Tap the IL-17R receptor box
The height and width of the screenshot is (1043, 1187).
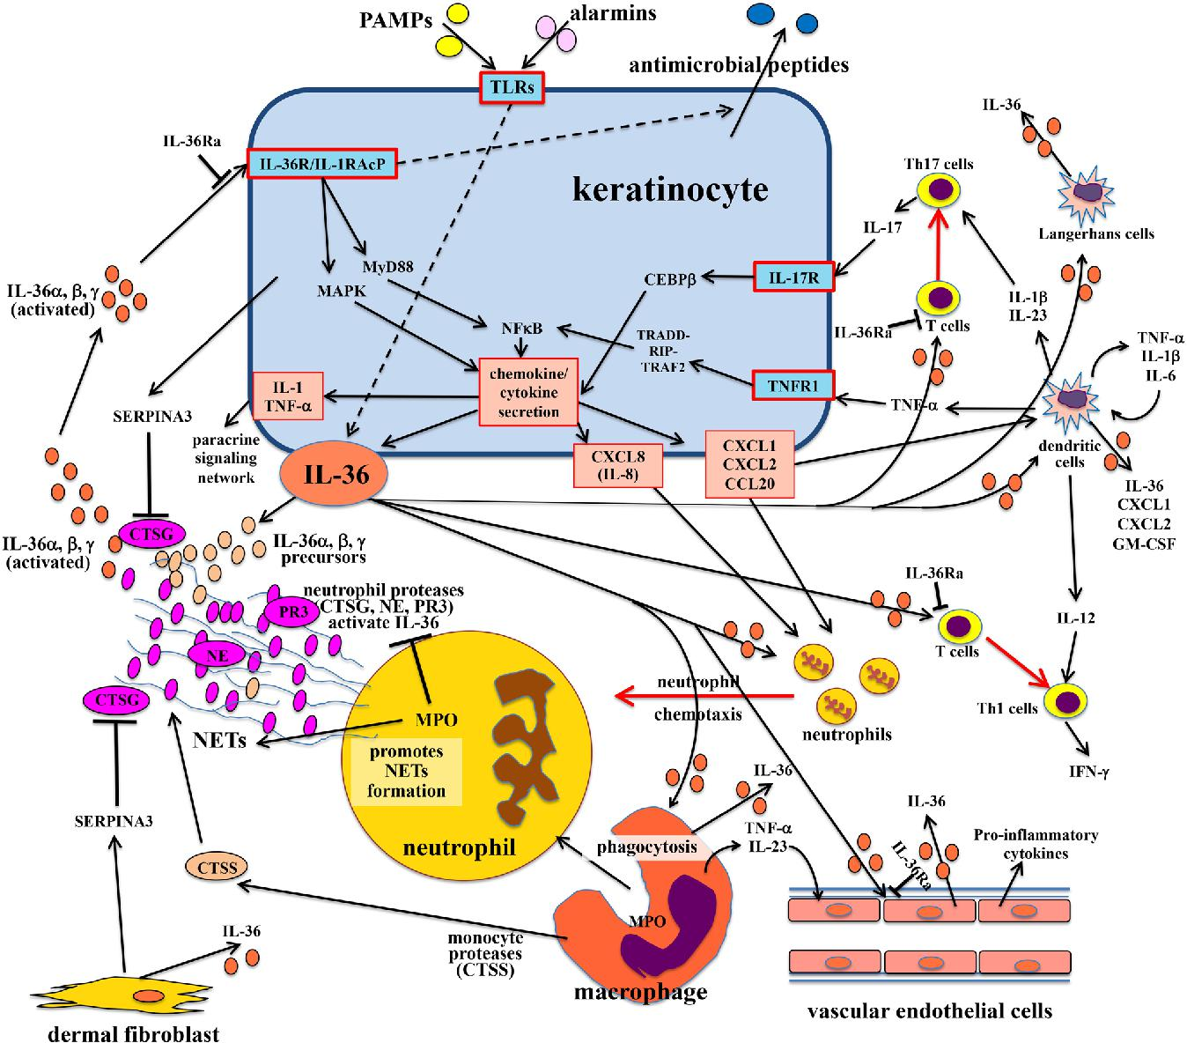pyautogui.click(x=793, y=277)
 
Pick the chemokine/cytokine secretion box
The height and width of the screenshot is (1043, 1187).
pyautogui.click(x=527, y=391)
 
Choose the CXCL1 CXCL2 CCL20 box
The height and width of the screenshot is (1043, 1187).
pyautogui.click(x=749, y=463)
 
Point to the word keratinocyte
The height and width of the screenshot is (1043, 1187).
pyautogui.click(x=670, y=189)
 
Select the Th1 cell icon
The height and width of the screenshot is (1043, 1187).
pyautogui.click(x=1067, y=702)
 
